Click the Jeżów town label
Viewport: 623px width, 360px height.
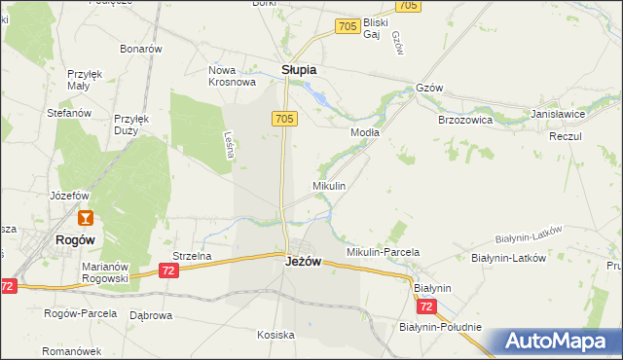coord(304,262)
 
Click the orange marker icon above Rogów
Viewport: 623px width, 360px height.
coord(86,219)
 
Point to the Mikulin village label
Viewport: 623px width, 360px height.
coord(328,185)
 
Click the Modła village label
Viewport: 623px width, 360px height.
coord(365,132)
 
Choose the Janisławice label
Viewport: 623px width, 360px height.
coord(558,114)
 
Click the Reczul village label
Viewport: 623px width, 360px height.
coord(565,136)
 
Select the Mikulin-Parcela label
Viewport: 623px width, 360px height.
coord(383,252)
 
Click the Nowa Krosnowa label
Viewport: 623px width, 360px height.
coord(231,77)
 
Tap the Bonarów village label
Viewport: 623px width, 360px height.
coord(140,49)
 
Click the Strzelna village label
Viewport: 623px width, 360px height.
coord(192,256)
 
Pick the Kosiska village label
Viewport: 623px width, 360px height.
coord(275,335)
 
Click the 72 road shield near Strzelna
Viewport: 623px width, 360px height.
coord(170,270)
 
